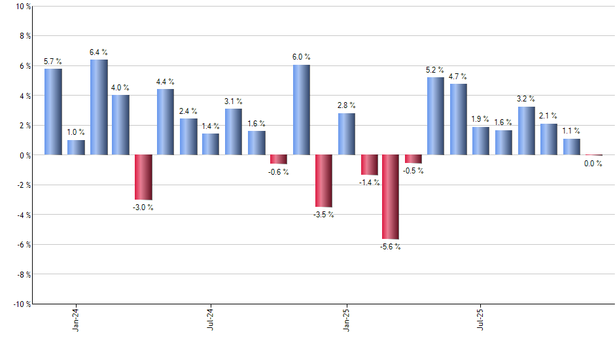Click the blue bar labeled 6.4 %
click(99, 107)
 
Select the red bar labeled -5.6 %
click(391, 196)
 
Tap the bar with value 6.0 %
click(301, 110)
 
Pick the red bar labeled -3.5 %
click(323, 181)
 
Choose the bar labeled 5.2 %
click(436, 116)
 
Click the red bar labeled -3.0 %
click(144, 177)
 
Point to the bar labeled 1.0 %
click(76, 147)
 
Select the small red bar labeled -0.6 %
click(279, 159)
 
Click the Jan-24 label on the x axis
click(77, 319)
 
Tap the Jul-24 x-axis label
click(211, 319)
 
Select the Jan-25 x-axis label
click(346, 319)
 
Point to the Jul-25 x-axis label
click(481, 319)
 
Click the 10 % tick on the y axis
click(23, 7)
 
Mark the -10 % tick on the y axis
click(22, 304)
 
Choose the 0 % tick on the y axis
click(25, 155)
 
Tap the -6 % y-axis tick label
click(23, 244)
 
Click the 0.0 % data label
click(593, 164)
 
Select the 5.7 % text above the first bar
click(53, 62)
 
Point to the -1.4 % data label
click(369, 183)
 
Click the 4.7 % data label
click(458, 77)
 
